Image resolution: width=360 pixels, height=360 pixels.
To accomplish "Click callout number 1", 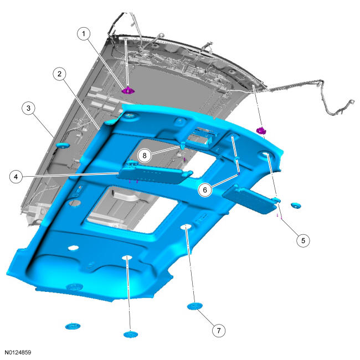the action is pyautogui.click(x=84, y=34).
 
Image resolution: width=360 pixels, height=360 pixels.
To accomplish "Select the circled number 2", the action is pyautogui.click(x=60, y=74).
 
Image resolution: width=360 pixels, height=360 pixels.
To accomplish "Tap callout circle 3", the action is pyautogui.click(x=28, y=108).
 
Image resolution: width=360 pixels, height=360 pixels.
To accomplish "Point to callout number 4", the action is pyautogui.click(x=16, y=177).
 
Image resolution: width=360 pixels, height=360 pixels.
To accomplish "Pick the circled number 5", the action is pyautogui.click(x=303, y=240).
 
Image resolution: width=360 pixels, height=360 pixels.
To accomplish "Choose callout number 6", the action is pyautogui.click(x=205, y=190).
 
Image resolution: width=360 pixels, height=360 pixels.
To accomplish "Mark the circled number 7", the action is pyautogui.click(x=219, y=331).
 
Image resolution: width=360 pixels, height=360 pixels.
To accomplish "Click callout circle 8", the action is pyautogui.click(x=145, y=156).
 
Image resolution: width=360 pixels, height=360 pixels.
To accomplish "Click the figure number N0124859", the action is pyautogui.click(x=18, y=352).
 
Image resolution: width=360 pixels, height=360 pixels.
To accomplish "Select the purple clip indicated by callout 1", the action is pyautogui.click(x=128, y=90).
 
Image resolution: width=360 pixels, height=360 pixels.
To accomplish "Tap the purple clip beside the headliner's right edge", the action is pyautogui.click(x=261, y=131).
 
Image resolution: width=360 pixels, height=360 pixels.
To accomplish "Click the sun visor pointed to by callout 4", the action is pyautogui.click(x=155, y=173).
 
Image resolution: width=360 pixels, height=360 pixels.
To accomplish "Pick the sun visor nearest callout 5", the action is pyautogui.click(x=251, y=199).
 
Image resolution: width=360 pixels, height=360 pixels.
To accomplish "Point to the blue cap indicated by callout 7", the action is pyautogui.click(x=195, y=306).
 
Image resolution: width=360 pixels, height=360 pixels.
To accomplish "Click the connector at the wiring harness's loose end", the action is pyautogui.click(x=351, y=102).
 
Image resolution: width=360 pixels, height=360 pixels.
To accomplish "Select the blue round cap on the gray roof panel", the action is pyautogui.click(x=63, y=145).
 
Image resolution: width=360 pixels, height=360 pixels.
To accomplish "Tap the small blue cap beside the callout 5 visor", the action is pyautogui.click(x=296, y=205).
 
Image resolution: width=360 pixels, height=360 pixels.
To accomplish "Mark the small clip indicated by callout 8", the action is pyautogui.click(x=183, y=145).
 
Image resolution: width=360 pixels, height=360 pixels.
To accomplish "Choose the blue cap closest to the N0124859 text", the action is pyautogui.click(x=73, y=326).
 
